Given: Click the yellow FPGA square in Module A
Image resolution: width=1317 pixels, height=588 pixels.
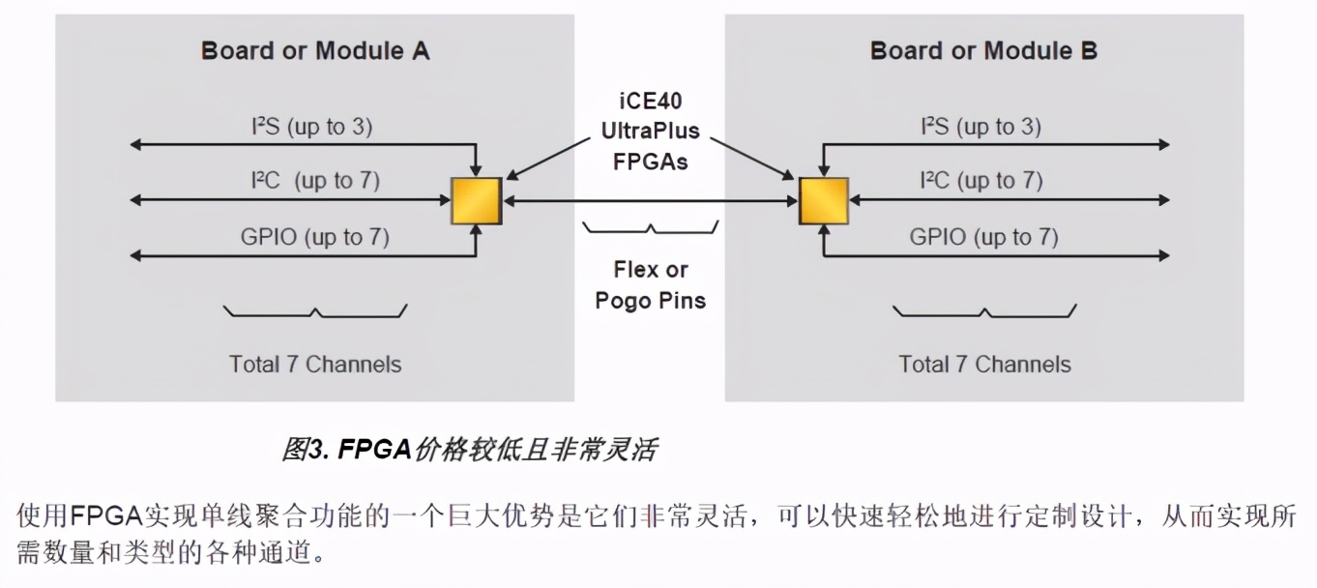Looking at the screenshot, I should [476, 201].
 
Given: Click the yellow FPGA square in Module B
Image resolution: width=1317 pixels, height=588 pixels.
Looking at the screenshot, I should [824, 201].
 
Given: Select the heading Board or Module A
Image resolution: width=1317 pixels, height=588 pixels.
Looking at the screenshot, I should [315, 51].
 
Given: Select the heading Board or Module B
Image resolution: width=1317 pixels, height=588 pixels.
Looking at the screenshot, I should [984, 51].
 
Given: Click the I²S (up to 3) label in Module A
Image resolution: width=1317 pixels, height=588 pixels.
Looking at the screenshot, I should [307, 127].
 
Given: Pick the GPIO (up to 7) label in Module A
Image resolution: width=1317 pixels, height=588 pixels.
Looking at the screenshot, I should [315, 237].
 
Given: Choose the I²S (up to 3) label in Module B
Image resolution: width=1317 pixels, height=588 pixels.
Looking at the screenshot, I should [980, 127].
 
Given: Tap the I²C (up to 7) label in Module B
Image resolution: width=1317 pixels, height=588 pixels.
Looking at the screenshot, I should [980, 181].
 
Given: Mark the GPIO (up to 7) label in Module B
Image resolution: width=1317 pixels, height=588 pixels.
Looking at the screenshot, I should [984, 237].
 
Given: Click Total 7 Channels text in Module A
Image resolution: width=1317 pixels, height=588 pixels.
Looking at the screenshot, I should [315, 365].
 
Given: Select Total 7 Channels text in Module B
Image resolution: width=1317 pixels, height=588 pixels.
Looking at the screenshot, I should [985, 365].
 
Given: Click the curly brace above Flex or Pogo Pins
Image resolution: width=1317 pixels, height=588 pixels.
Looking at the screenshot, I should [651, 228].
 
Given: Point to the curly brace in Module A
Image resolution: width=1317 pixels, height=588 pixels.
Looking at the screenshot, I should [315, 311].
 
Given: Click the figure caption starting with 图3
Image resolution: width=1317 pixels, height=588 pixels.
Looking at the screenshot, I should [470, 450].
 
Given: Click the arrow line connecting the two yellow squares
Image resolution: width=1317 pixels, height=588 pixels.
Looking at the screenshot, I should [650, 201].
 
